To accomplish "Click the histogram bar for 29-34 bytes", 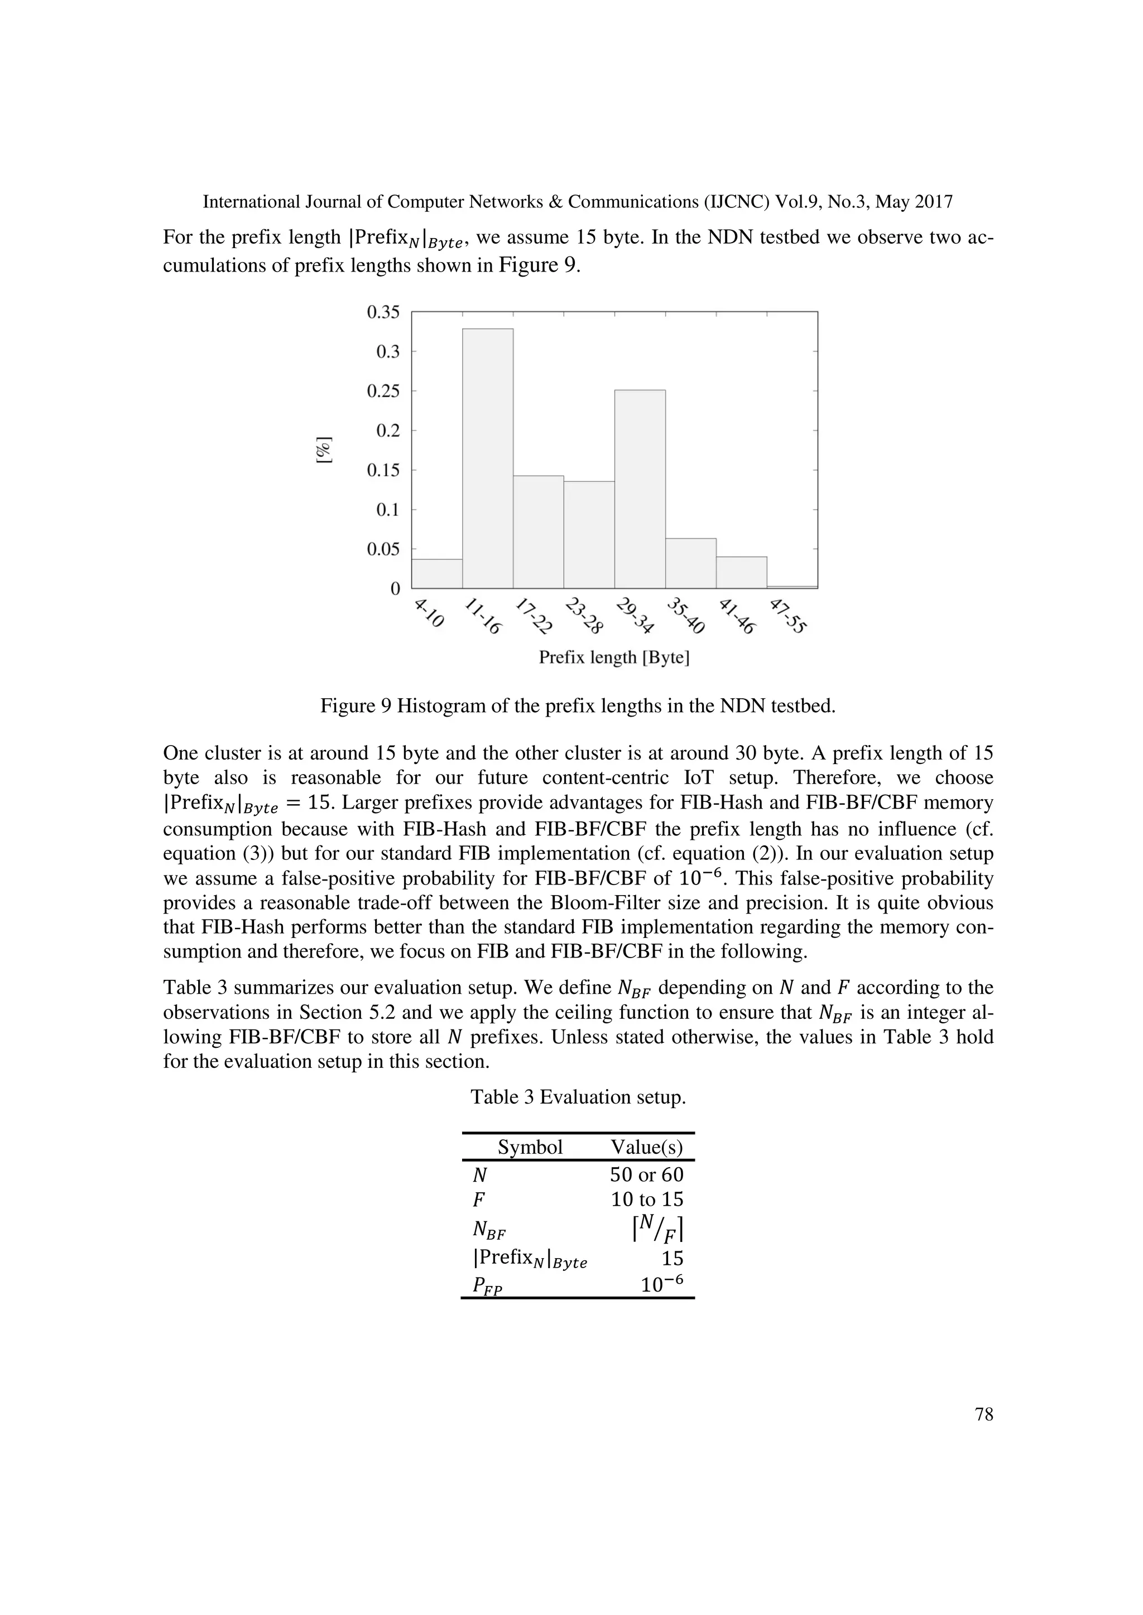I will coord(639,489).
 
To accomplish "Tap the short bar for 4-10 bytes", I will coord(436,573).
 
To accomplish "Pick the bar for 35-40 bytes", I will coord(690,563).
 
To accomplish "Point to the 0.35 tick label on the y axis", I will coord(383,312).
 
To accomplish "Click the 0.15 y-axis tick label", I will coord(383,470).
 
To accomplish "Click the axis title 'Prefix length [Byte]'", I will coord(614,657).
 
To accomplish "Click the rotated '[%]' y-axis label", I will coord(324,450).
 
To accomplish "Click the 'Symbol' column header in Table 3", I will coord(530,1147).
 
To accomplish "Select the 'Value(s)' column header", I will coord(646,1147).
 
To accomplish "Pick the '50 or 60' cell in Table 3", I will coord(646,1174).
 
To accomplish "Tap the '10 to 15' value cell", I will coord(646,1200).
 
